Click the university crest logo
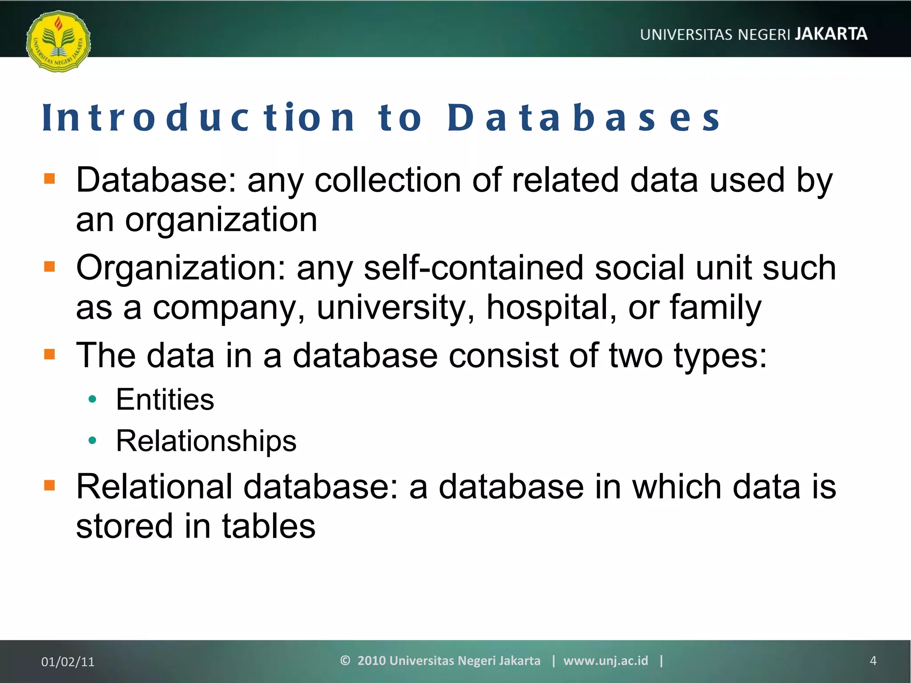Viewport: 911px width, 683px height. pyautogui.click(x=58, y=41)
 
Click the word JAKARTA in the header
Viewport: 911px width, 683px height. pyautogui.click(x=831, y=34)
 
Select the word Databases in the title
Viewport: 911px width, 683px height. pyautogui.click(x=584, y=118)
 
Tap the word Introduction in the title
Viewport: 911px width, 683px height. pyautogui.click(x=199, y=118)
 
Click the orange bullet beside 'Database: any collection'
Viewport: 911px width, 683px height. pyautogui.click(x=49, y=179)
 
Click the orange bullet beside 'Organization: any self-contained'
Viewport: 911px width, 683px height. pyautogui.click(x=49, y=267)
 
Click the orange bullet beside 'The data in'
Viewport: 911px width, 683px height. pyautogui.click(x=49, y=354)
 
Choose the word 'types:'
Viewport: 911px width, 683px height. pyautogui.click(x=721, y=356)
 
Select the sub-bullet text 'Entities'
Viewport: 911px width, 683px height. pyautogui.click(x=165, y=399)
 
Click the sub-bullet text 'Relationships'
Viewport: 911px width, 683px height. pyautogui.click(x=206, y=441)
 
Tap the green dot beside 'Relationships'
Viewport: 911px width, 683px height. pyautogui.click(x=93, y=441)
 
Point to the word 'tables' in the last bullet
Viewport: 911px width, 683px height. pyautogui.click(x=269, y=526)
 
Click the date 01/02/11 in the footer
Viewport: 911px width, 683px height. pyautogui.click(x=68, y=662)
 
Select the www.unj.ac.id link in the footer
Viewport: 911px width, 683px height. pyautogui.click(x=605, y=661)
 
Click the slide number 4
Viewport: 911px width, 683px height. pyautogui.click(x=873, y=661)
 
